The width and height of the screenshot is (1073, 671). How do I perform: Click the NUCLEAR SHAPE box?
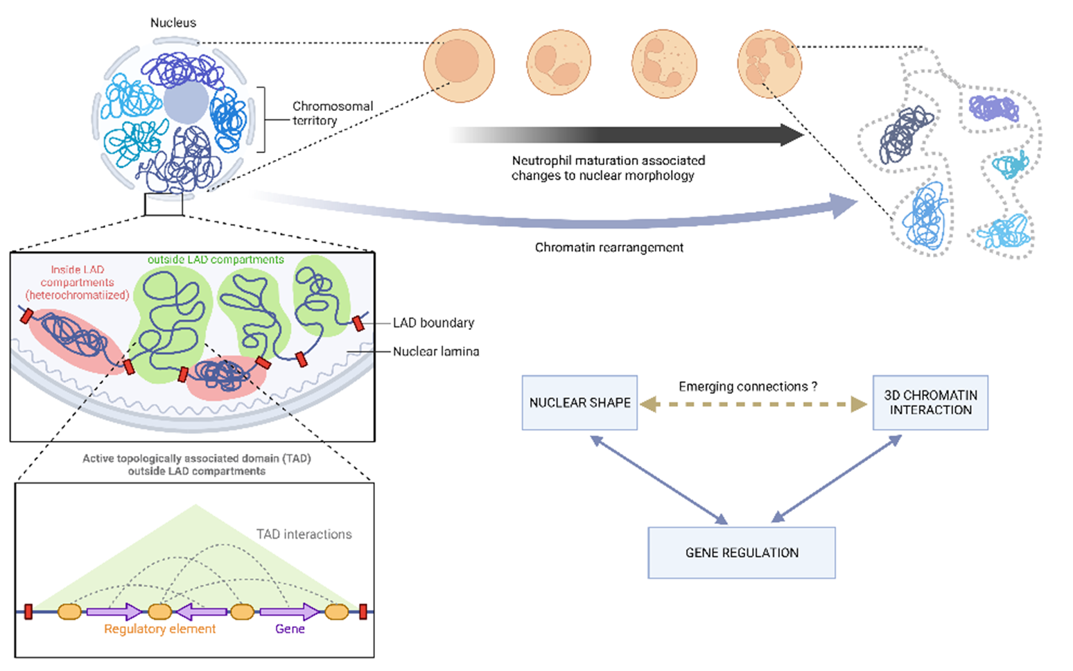(x=579, y=403)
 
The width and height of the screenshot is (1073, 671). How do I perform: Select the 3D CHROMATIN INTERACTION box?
(x=930, y=403)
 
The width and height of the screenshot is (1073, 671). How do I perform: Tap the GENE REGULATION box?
(x=741, y=552)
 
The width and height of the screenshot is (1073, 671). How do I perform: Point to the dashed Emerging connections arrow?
(x=753, y=405)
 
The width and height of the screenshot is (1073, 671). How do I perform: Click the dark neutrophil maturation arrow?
(x=624, y=134)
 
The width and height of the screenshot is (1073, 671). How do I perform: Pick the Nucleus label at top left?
(x=173, y=23)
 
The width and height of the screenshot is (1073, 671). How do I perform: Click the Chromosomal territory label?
(x=332, y=113)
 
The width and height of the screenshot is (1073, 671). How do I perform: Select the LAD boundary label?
(x=433, y=323)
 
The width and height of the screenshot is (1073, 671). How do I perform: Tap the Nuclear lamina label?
(x=436, y=351)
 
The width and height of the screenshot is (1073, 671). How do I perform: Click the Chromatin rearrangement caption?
(x=609, y=247)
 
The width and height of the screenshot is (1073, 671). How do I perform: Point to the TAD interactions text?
(x=304, y=534)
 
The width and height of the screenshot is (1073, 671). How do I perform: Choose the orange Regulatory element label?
(x=159, y=629)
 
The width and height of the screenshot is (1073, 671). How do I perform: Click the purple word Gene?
(x=290, y=629)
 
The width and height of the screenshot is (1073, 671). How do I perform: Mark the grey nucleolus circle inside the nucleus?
(x=186, y=103)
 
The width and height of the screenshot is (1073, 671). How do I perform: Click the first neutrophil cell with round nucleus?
(x=459, y=65)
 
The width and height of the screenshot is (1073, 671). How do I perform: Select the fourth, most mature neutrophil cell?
(x=769, y=64)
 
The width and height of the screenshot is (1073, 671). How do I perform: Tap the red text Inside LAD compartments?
(x=77, y=282)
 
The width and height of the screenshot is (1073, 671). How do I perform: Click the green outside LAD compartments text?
(x=216, y=260)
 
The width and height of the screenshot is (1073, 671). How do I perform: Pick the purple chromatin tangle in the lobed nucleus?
(x=993, y=109)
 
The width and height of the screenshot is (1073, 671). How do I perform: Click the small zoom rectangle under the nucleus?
(x=164, y=204)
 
